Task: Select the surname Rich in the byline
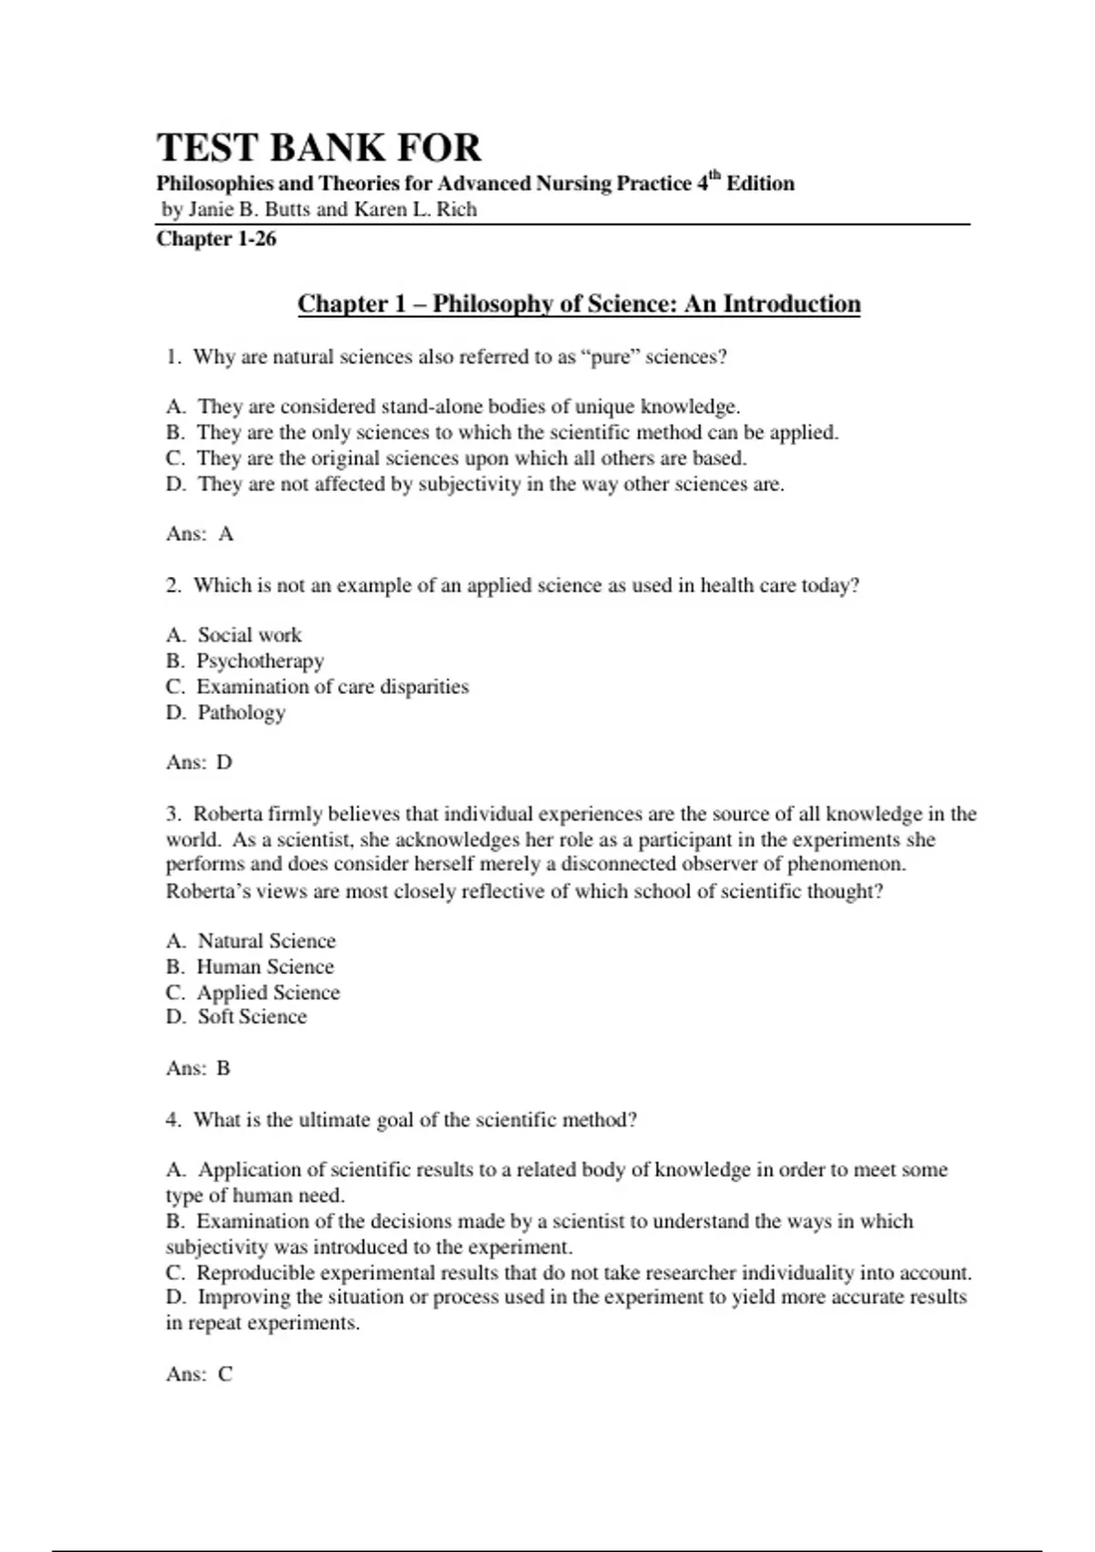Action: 455,209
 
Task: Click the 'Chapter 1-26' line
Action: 216,238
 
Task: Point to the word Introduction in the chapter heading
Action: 791,304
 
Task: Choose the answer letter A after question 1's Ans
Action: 226,534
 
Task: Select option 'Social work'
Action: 249,634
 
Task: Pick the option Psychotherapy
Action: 260,660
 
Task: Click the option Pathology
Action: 241,712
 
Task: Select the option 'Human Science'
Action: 265,966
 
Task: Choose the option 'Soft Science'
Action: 252,1017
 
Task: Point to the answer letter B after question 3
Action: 224,1068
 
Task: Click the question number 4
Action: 173,1119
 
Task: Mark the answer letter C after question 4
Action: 225,1374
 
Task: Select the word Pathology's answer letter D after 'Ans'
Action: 224,762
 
